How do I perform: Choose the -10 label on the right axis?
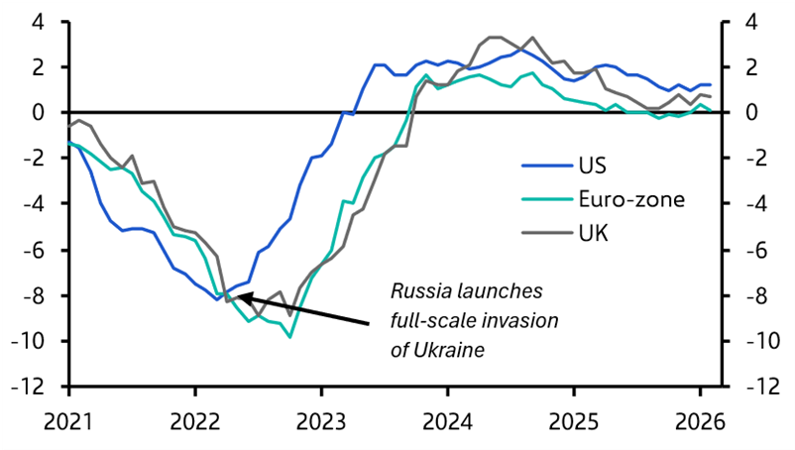click(x=756, y=341)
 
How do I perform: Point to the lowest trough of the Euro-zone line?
click(x=289, y=337)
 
